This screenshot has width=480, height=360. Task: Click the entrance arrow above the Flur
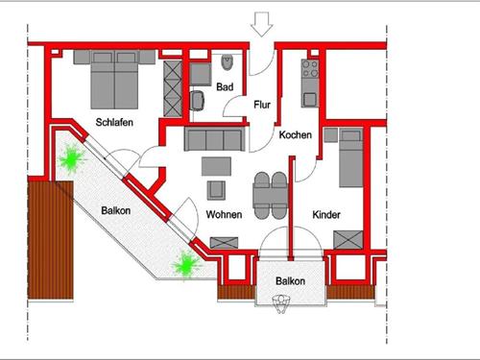coord(262,21)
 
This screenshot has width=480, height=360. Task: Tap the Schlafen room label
coord(113,122)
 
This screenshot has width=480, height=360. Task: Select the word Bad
coord(225,87)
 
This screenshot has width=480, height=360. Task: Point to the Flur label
coord(262,105)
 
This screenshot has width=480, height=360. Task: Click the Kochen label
coord(295,135)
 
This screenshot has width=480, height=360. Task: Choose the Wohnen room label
coord(224,214)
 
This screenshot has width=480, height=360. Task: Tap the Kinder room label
coord(327,216)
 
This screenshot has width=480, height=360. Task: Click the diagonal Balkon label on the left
coord(116,210)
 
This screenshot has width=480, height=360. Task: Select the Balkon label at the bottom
coord(290,281)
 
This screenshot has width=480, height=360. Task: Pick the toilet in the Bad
coord(226,65)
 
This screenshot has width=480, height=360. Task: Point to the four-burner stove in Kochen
coord(310,68)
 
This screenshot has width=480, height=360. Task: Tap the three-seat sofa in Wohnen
coord(212,140)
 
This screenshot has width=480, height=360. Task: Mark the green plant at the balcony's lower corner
coord(182,264)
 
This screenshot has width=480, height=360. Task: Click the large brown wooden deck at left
coord(51,241)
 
